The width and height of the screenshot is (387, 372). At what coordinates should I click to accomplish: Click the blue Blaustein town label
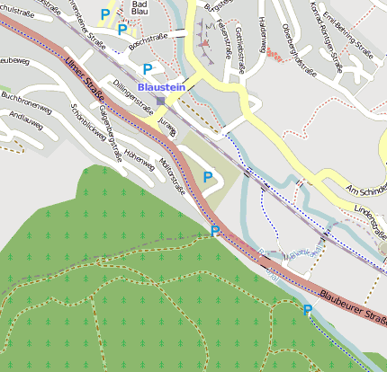[x=161, y=87]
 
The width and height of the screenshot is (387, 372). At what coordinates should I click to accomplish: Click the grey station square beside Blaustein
[x=160, y=100]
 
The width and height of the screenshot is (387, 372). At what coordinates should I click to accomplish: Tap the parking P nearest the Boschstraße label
[x=122, y=30]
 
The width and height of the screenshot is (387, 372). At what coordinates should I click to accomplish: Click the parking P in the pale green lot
[x=209, y=178]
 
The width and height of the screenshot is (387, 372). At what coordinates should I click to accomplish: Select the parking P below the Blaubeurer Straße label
[x=308, y=310]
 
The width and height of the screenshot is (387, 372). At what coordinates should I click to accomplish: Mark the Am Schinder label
[x=365, y=189]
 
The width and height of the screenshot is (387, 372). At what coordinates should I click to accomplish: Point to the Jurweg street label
[x=166, y=124]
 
